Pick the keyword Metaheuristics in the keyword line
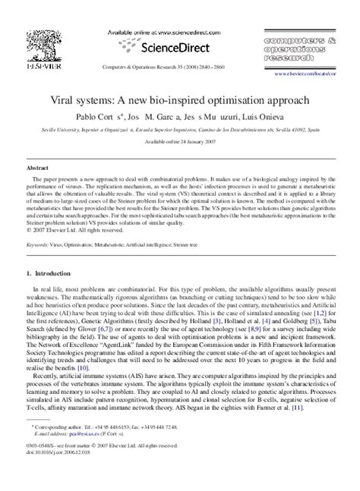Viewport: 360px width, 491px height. pyautogui.click(x=125, y=225)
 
